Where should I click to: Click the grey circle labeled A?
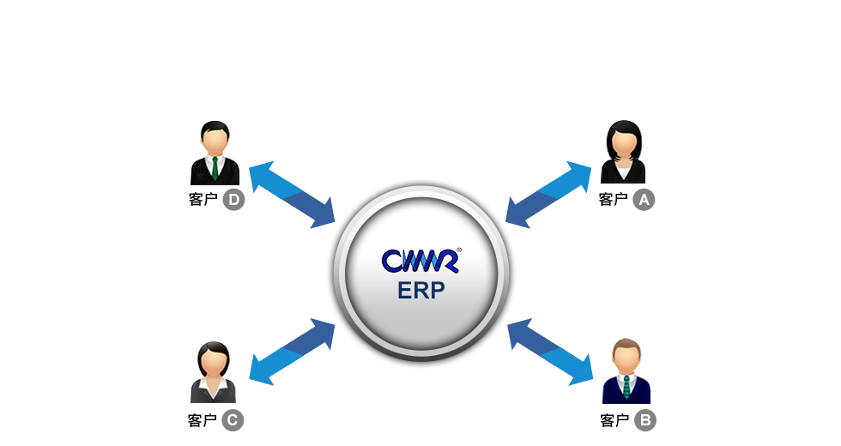644,200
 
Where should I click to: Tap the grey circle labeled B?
645,420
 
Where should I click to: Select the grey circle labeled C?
233,420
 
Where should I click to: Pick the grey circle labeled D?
233,200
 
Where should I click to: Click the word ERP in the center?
420,291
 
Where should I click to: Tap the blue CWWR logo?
420,260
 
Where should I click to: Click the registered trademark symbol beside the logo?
459,250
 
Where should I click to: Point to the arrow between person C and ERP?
292,353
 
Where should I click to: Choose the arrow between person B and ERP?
550,353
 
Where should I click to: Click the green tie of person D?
215,166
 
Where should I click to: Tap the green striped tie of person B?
626,387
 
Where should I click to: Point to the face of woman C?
212,363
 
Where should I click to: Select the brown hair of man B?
626,344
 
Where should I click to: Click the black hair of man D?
214,127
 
